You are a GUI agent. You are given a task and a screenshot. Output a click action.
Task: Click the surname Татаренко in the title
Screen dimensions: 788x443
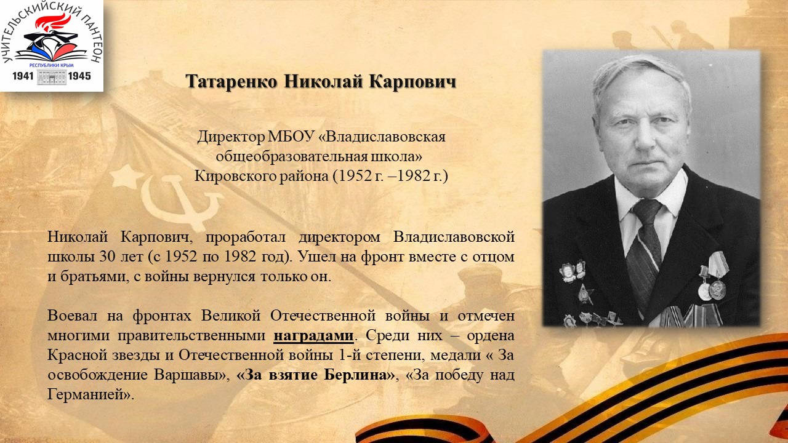coord(232,82)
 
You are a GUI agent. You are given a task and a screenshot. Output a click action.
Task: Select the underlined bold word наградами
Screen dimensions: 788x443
coord(313,336)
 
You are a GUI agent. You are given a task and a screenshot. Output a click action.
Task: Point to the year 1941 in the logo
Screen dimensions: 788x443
coord(23,76)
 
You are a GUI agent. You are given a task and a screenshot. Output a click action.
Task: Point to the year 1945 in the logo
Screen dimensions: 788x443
coord(79,76)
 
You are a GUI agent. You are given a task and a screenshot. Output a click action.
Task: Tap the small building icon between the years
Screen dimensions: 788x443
coord(51,77)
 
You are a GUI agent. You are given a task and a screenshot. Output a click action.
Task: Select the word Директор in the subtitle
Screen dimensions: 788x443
coord(231,137)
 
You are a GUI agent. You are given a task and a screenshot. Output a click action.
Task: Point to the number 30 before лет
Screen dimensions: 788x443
coord(107,257)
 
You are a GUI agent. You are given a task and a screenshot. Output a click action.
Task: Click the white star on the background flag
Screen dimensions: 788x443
coord(126,177)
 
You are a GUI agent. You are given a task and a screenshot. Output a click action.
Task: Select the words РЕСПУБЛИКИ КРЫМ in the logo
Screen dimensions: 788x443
coord(51,65)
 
